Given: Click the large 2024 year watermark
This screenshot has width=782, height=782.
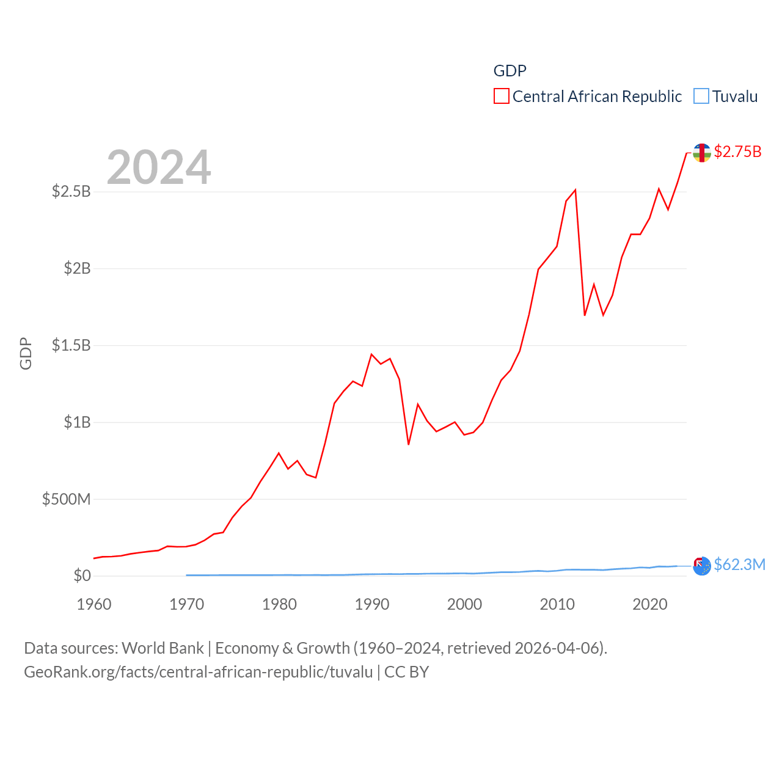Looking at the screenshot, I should tap(159, 167).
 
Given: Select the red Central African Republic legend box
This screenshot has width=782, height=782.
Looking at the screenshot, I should tap(502, 97).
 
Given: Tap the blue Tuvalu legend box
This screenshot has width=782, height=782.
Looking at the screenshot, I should tap(701, 97).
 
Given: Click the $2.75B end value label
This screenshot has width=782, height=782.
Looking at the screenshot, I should tap(737, 152).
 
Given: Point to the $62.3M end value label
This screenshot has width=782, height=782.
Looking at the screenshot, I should tap(739, 565).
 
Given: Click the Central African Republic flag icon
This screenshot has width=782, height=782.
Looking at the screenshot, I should tap(702, 153).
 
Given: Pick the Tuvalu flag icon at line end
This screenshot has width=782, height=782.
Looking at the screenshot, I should tap(702, 566).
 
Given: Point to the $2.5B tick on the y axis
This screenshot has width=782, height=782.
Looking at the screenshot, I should tap(71, 192).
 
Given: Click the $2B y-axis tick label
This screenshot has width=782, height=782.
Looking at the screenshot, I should tap(77, 268).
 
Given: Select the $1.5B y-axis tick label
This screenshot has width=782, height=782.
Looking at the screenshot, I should tap(71, 345).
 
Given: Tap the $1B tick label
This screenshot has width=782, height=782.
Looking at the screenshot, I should tap(77, 422).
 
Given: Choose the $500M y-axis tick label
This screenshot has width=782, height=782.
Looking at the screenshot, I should tap(66, 499).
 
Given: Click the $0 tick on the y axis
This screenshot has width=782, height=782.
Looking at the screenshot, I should tap(82, 576).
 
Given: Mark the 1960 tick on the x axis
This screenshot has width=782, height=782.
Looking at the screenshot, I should tap(94, 604).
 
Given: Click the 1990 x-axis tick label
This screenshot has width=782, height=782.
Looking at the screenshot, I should tap(372, 604).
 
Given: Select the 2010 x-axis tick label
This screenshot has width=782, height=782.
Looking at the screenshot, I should tap(557, 604).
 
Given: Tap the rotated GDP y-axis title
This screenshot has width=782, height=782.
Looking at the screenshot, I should tap(26, 353).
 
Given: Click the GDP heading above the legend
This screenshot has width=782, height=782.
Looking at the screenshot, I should tap(510, 71).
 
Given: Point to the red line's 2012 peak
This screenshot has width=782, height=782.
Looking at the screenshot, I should tap(575, 190).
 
